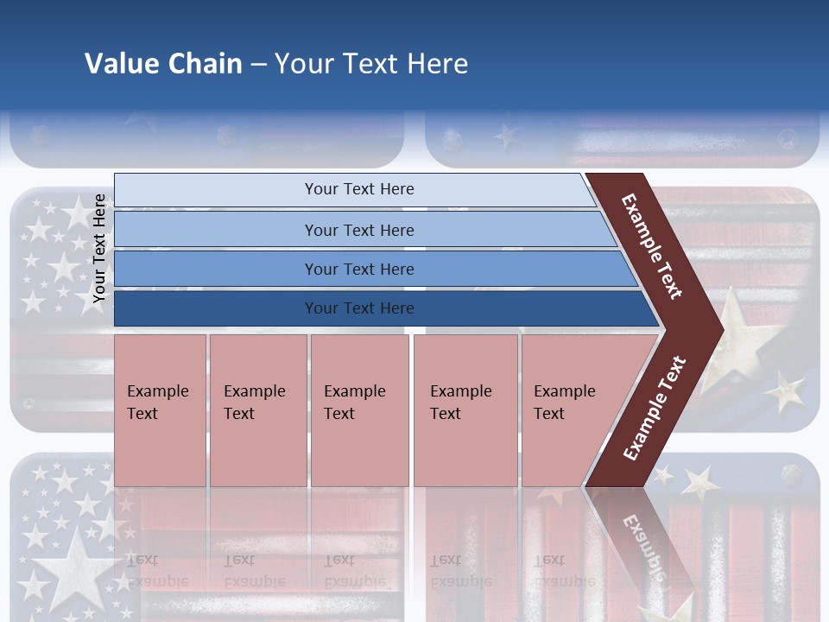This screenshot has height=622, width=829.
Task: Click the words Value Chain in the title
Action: pyautogui.click(x=163, y=64)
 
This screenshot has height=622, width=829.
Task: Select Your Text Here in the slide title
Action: pyautogui.click(x=371, y=64)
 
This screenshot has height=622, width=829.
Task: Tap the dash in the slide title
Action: pyautogui.click(x=258, y=65)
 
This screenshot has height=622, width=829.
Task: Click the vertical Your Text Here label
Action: pyautogui.click(x=99, y=249)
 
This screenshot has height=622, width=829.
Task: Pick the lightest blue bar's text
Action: pyautogui.click(x=359, y=189)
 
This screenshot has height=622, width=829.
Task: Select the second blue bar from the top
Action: pyautogui.click(x=359, y=230)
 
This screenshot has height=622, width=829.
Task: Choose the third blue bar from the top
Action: pyautogui.click(x=359, y=269)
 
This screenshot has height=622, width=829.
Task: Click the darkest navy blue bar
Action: pyautogui.click(x=359, y=308)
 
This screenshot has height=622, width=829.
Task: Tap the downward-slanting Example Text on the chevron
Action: pyautogui.click(x=652, y=247)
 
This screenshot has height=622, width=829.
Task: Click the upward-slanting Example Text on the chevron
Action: pyautogui.click(x=655, y=409)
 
